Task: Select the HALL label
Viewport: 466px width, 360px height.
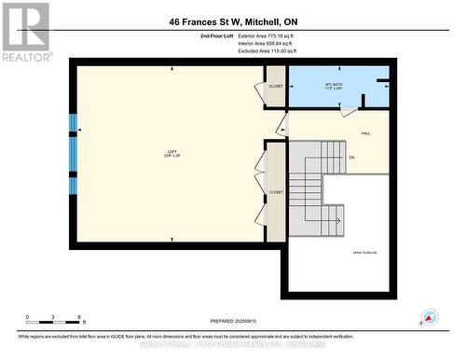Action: (x=366, y=133)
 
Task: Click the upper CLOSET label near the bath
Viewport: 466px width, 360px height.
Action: (x=276, y=86)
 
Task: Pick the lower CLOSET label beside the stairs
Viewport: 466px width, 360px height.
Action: (x=276, y=192)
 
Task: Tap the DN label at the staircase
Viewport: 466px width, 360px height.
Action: (x=351, y=157)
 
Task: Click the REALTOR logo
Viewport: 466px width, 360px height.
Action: (x=24, y=32)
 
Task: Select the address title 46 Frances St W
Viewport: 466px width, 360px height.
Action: (x=233, y=21)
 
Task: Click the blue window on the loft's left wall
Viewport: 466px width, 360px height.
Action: (x=73, y=154)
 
